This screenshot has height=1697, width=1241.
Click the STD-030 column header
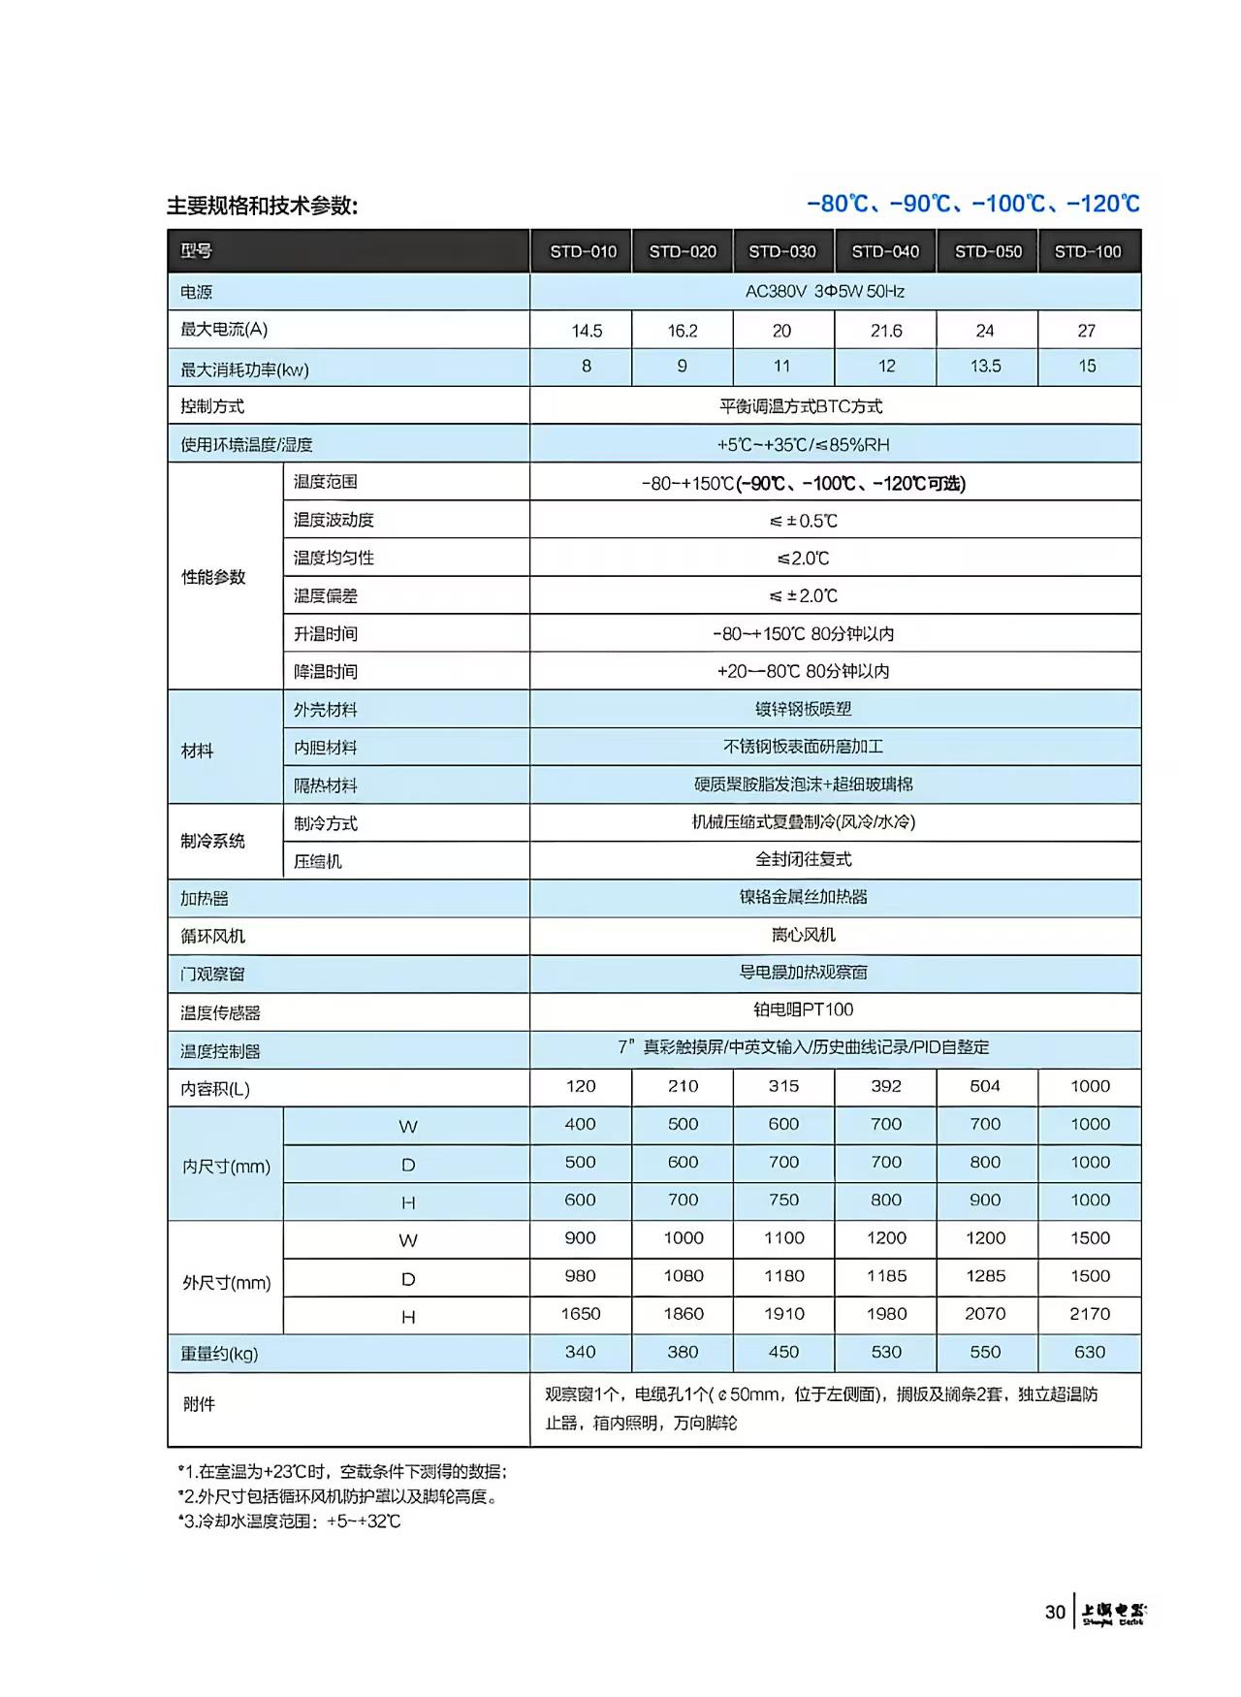coord(782,252)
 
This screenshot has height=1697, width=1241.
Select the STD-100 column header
coord(1088,252)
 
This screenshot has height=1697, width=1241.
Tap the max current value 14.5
coord(587,331)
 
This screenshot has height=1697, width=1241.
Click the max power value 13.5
coord(985,367)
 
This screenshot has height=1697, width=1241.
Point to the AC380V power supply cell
coord(825,291)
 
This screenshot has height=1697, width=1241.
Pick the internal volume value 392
coord(886,1086)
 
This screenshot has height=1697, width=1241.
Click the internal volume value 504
coord(985,1086)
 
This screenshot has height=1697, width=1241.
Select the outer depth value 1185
coord(886,1276)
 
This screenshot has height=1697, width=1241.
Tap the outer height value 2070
coord(985,1314)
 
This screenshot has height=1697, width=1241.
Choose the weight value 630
coord(1090,1352)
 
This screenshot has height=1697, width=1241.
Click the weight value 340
coord(580,1352)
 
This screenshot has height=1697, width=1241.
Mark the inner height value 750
coord(783,1201)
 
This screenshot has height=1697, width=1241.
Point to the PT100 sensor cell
coord(803,1009)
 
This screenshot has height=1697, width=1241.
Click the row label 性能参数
coord(214,577)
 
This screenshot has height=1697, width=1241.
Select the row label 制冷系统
coord(212,841)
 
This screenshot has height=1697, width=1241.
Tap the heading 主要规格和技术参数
coord(262,206)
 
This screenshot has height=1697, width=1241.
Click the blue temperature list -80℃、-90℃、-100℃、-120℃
coord(972,204)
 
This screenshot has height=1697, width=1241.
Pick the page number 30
coord(1055,1613)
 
